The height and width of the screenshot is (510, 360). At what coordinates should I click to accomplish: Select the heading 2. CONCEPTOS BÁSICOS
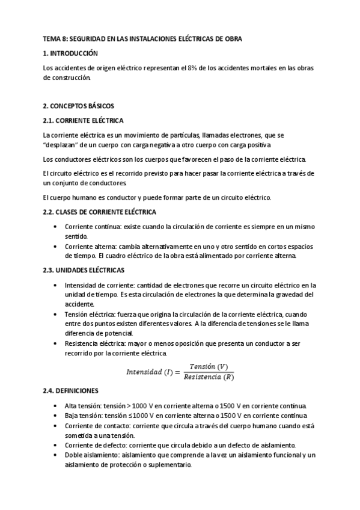tap(78, 105)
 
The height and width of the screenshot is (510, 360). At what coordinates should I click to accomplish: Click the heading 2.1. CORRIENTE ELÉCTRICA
tap(83, 120)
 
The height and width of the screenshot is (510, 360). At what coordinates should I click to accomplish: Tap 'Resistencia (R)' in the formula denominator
tap(209, 377)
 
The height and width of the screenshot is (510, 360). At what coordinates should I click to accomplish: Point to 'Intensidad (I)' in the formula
tap(150, 372)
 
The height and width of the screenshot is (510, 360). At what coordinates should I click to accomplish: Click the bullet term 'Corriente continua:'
tap(90, 226)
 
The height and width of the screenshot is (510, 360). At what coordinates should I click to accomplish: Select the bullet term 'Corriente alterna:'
tap(88, 247)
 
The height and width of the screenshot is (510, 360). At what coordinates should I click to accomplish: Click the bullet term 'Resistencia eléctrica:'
tap(94, 343)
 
